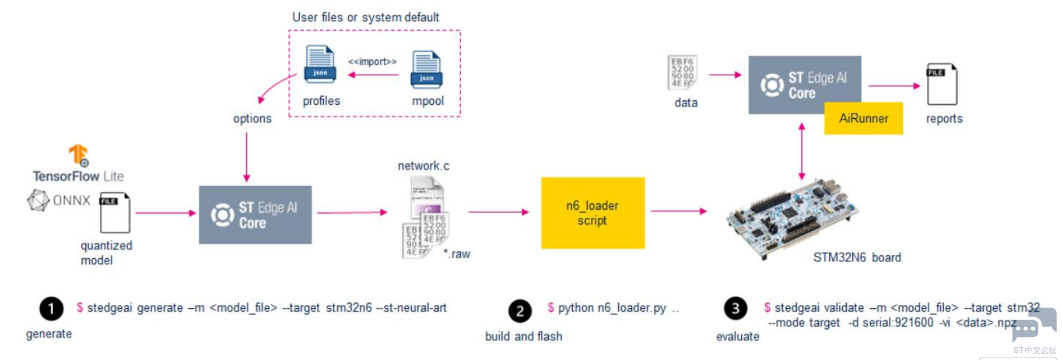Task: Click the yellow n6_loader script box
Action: point(592,213)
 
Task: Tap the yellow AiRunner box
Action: point(863,119)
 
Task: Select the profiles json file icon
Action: point(320,64)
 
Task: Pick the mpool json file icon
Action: point(427,69)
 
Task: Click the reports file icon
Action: point(941,84)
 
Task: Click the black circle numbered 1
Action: point(51,309)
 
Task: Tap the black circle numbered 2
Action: point(520,311)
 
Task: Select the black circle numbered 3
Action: point(736,308)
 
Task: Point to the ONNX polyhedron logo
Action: point(38,201)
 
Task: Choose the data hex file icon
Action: point(682,72)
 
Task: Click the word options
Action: point(252,119)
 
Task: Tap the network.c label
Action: point(423,166)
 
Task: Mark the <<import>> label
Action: point(373,62)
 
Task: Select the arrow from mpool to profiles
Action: point(373,75)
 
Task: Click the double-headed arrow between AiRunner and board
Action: point(801,152)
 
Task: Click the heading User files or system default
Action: point(366,18)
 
